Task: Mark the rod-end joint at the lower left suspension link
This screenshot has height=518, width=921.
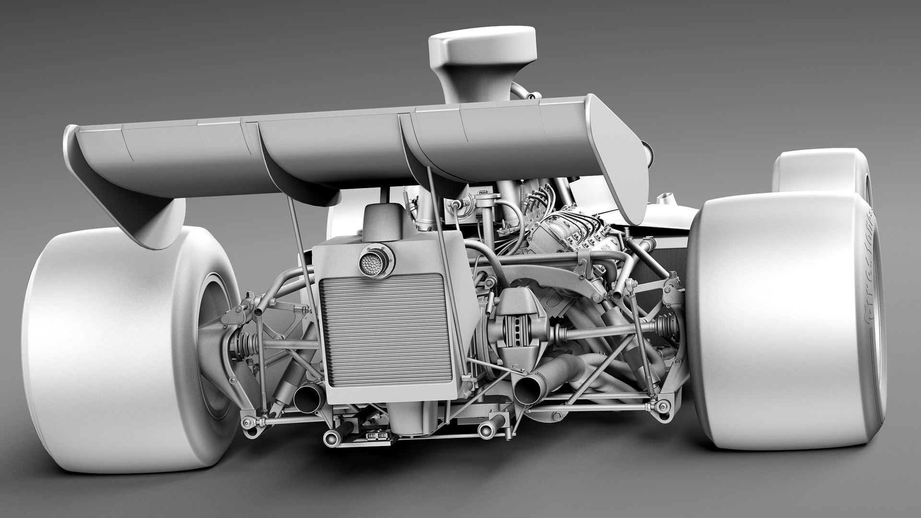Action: point(248,422)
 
